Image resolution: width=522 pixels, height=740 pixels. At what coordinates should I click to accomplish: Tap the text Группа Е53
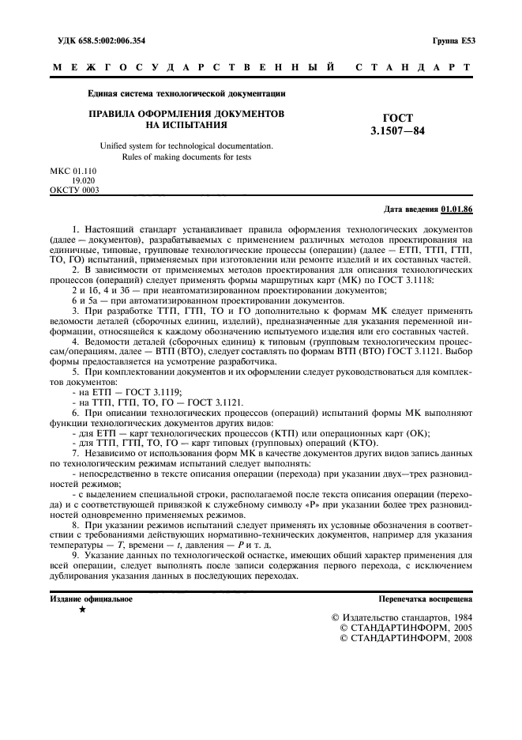453,40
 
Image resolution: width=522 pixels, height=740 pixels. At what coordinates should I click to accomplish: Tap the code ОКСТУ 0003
74,190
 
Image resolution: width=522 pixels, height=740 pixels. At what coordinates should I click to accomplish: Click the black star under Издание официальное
82,610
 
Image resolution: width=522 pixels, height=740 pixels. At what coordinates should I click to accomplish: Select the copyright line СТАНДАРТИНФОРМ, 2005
405,627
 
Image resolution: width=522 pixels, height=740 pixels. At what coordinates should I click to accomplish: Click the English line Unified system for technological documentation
186,145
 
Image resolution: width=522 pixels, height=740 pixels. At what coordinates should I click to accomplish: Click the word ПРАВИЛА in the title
115,114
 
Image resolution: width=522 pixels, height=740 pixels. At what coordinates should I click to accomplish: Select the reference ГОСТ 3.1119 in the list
153,392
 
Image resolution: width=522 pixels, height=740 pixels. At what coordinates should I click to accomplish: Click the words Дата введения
411,209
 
